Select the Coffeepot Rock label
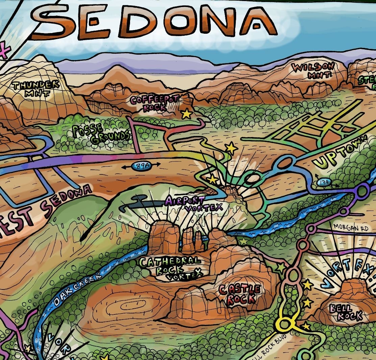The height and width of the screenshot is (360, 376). pyautogui.click(x=155, y=103)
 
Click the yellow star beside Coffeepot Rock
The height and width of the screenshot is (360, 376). pyautogui.click(x=186, y=114)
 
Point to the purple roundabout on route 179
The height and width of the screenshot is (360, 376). pyautogui.click(x=363, y=191)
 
